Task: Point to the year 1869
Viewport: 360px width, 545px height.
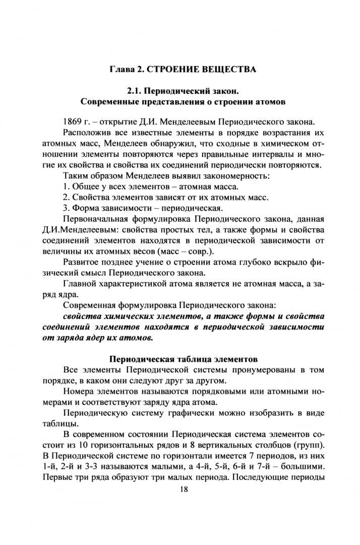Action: click(74, 123)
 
